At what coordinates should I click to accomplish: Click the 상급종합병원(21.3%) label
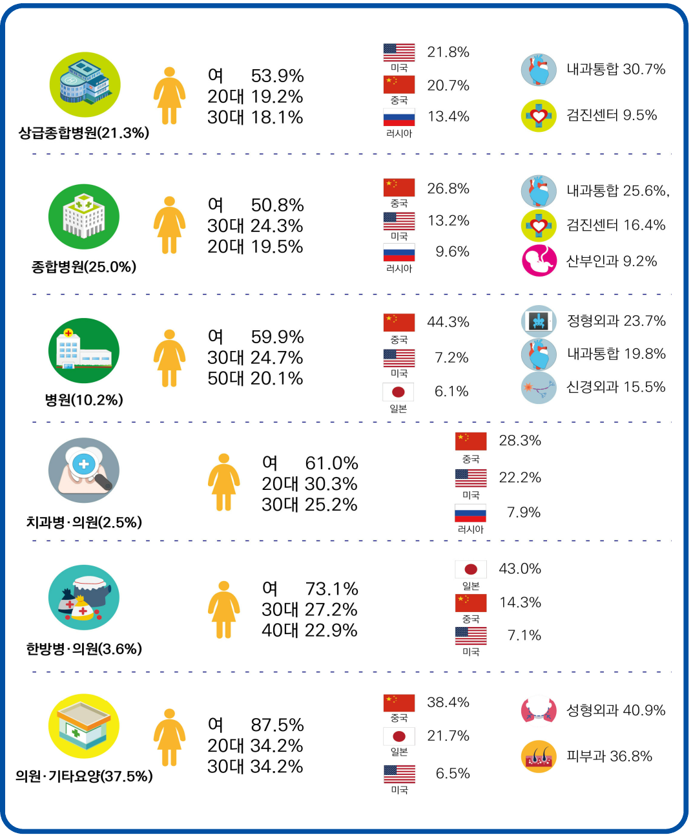[84, 133]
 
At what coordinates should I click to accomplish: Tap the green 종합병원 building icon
[84, 217]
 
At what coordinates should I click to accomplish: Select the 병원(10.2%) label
[84, 400]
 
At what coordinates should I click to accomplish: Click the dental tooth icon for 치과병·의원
[84, 471]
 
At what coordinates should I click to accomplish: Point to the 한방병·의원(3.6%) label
[84, 649]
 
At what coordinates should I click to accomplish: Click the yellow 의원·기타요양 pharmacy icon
[84, 726]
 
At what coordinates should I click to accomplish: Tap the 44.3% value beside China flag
[448, 322]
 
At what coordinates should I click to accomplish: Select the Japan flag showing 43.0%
[471, 569]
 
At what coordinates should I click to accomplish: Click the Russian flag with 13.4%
[399, 118]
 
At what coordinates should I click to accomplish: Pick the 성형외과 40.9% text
[615, 710]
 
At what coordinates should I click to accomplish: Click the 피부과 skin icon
[539, 757]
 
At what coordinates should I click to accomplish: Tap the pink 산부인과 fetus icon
[539, 260]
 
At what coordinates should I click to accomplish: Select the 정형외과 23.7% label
[615, 321]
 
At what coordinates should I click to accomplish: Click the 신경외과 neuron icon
[539, 388]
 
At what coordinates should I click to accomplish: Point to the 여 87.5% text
[255, 725]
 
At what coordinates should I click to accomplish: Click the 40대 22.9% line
[309, 630]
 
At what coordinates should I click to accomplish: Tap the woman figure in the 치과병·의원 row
[223, 482]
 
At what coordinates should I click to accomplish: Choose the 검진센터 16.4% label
[615, 225]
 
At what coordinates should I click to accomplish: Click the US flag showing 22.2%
[471, 478]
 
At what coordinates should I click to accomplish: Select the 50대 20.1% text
[255, 379]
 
